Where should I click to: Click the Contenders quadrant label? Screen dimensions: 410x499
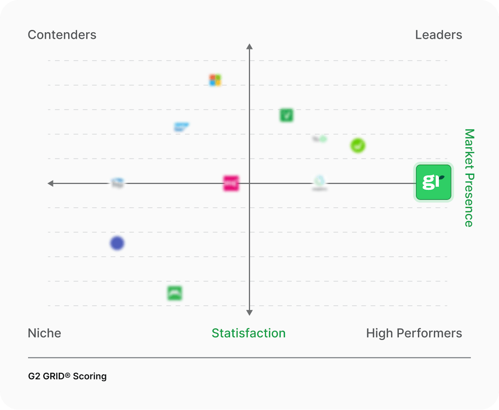(x=62, y=35)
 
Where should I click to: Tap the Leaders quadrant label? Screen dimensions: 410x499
(x=439, y=35)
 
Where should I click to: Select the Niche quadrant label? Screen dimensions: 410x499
(x=44, y=333)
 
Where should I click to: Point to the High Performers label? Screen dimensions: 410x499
(x=414, y=333)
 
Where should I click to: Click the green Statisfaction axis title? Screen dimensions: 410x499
(x=249, y=333)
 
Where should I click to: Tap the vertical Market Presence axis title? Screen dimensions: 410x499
(x=469, y=178)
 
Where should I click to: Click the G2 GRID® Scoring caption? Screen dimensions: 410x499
(x=67, y=376)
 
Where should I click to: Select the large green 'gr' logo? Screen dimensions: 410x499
(x=434, y=182)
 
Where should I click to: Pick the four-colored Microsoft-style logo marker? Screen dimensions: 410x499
(x=215, y=80)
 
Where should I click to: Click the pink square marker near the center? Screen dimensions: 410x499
(x=231, y=183)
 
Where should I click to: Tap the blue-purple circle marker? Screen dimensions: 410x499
(x=117, y=243)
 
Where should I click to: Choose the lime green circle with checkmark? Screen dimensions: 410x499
(x=358, y=146)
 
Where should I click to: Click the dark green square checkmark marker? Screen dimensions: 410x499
(x=287, y=115)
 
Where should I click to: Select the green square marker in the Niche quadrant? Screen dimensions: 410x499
(x=175, y=293)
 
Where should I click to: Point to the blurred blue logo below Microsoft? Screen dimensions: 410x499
(x=181, y=127)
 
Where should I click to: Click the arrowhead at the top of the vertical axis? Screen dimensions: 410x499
(x=249, y=47)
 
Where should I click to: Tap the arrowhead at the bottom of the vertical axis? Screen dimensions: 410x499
(x=249, y=312)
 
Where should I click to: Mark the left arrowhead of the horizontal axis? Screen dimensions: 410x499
(x=50, y=183)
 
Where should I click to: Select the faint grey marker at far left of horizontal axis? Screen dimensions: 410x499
(x=117, y=183)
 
